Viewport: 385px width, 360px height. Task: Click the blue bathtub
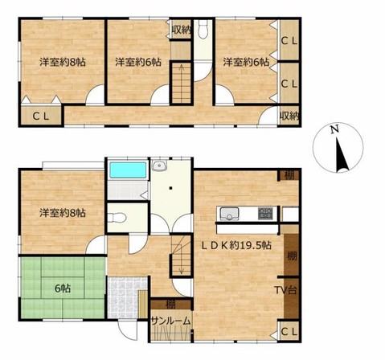point(129,170)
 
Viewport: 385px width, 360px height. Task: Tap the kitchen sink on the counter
point(229,214)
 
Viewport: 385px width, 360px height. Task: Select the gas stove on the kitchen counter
point(265,213)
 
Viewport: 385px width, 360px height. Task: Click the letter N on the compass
point(334,129)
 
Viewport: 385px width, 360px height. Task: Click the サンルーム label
point(170,321)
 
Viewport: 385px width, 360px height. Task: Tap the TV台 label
point(285,290)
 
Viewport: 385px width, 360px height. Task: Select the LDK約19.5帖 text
point(236,245)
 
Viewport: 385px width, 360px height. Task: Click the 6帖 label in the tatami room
point(63,288)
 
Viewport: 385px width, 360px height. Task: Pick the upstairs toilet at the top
point(203,29)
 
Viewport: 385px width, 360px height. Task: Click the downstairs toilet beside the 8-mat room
point(117,218)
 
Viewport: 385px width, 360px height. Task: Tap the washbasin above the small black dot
point(160,166)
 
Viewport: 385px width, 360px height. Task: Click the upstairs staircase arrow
point(182,79)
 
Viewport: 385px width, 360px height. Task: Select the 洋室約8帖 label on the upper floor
point(63,63)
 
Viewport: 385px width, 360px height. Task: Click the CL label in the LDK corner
point(289,332)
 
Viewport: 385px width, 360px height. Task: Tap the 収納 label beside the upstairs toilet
point(181,31)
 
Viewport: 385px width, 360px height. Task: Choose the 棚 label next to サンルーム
point(170,305)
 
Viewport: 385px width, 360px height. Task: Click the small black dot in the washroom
point(170,188)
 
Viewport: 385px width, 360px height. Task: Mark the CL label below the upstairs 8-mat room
point(41,117)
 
